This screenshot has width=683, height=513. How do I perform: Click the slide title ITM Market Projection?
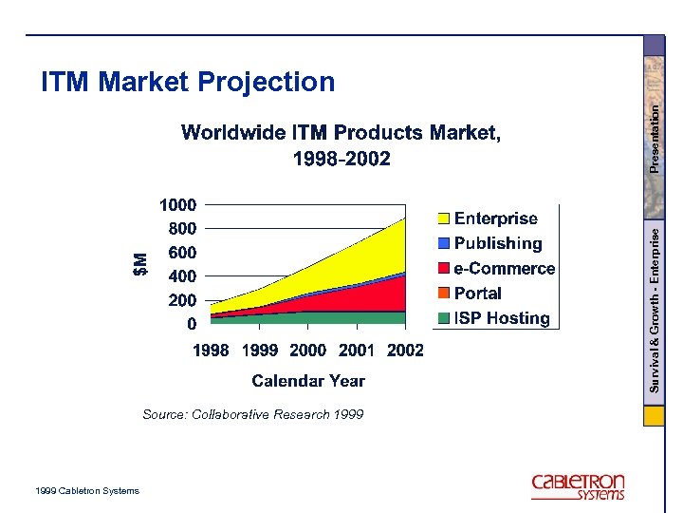[188, 83]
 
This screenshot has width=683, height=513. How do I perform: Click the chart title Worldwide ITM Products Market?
[341, 133]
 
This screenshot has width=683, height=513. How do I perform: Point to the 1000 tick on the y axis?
[178, 205]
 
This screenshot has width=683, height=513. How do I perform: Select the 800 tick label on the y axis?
[182, 229]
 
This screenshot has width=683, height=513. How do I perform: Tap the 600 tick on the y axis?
[182, 253]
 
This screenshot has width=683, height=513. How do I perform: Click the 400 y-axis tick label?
[182, 276]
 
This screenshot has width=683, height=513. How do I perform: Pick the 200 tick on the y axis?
[182, 300]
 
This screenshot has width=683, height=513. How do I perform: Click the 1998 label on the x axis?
[211, 351]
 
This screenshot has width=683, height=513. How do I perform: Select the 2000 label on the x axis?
[307, 351]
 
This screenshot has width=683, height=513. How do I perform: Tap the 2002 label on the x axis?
[405, 351]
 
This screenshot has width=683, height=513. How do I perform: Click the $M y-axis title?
[140, 264]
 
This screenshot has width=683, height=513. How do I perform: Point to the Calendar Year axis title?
[308, 381]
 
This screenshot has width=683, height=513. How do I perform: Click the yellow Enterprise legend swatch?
[443, 219]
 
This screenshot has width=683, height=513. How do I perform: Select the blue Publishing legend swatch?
[443, 244]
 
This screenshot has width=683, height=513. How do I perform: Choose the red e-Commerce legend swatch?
[443, 269]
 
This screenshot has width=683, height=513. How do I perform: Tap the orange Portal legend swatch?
[443, 294]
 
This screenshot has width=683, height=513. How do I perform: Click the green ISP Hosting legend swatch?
[443, 318]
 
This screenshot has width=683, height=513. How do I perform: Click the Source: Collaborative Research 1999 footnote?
[252, 414]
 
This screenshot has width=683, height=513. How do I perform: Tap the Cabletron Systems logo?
[578, 485]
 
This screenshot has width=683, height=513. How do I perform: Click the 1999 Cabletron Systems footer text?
[85, 491]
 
